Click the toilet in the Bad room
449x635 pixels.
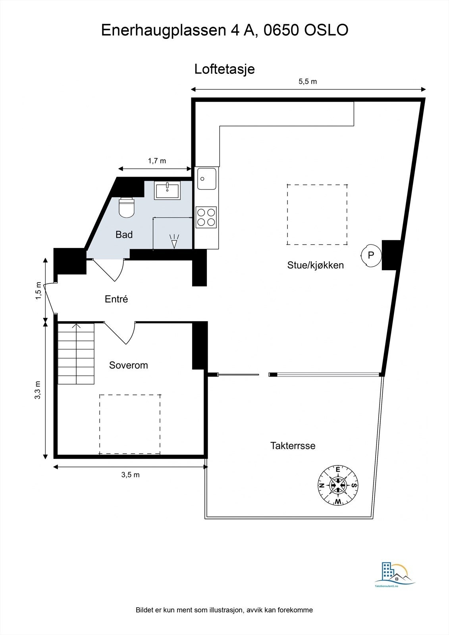pyautogui.click(x=127, y=207)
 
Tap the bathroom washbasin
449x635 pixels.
pyautogui.click(x=168, y=190)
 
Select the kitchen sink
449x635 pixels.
pyautogui.click(x=206, y=179)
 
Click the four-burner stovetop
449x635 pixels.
pyautogui.click(x=206, y=217)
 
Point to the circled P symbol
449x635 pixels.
pyautogui.click(x=371, y=255)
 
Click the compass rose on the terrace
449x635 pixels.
pyautogui.click(x=338, y=485)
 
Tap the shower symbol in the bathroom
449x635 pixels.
pyautogui.click(x=174, y=241)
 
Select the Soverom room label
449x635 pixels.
pyautogui.click(x=128, y=365)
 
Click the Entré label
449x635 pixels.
pyautogui.click(x=116, y=299)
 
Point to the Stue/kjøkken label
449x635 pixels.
pyautogui.click(x=315, y=265)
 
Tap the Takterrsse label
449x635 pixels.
pyautogui.click(x=293, y=446)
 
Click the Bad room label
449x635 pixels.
pyautogui.click(x=124, y=235)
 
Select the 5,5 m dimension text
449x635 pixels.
pyautogui.click(x=308, y=82)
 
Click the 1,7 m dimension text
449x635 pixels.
pyautogui.click(x=157, y=161)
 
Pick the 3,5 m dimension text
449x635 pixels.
pyautogui.click(x=130, y=475)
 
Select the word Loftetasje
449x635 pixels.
pyautogui.click(x=224, y=69)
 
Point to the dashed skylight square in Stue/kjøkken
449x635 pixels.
pyautogui.click(x=317, y=214)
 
